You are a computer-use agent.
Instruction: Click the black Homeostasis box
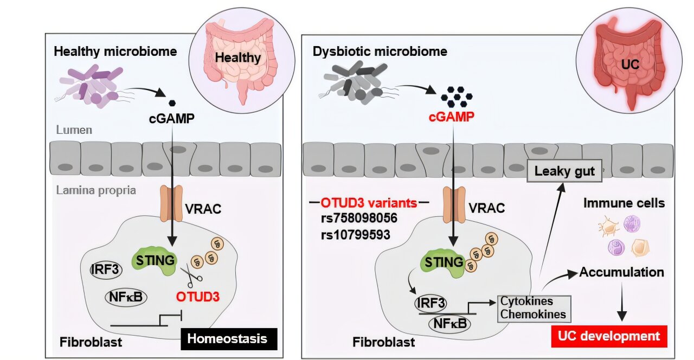click(x=229, y=339)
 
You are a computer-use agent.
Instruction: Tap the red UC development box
click(x=609, y=337)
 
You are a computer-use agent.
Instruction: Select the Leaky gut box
click(x=564, y=171)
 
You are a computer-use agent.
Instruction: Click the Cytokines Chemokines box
click(x=534, y=308)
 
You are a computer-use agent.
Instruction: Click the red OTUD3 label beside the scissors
click(x=198, y=297)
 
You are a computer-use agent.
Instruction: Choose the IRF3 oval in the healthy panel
click(x=106, y=269)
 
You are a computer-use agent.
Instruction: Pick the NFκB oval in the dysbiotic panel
click(x=450, y=324)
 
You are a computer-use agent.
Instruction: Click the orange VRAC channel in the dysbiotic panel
click(x=454, y=204)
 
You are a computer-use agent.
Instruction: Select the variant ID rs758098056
click(x=359, y=218)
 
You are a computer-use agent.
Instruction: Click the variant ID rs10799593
click(x=356, y=235)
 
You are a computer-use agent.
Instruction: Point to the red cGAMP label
click(x=451, y=117)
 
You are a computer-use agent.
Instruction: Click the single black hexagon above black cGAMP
click(x=172, y=103)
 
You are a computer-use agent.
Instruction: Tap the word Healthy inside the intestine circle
click(x=237, y=57)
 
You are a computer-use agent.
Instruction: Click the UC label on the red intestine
click(x=630, y=65)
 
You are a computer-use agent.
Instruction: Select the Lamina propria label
click(x=96, y=190)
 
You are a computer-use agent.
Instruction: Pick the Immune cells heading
click(x=624, y=203)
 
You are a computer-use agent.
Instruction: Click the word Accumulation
click(x=621, y=272)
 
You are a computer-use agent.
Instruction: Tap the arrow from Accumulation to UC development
click(x=622, y=301)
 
